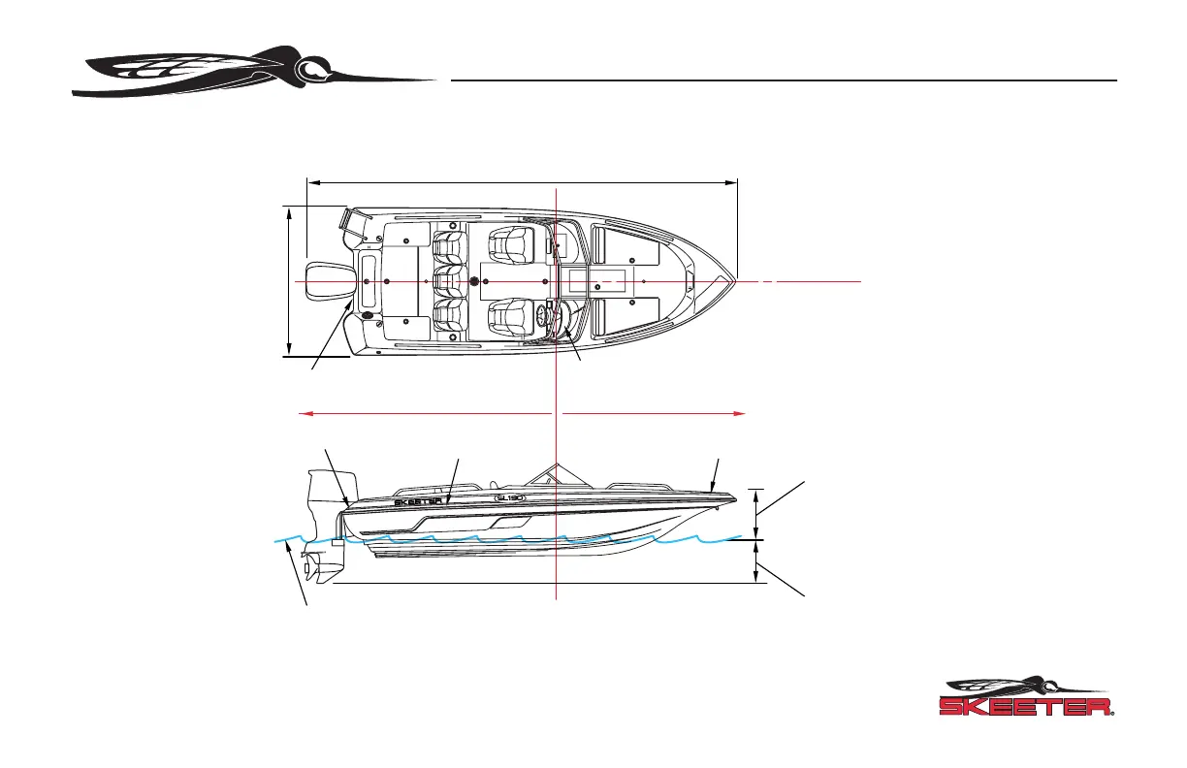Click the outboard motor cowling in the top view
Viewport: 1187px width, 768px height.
pyautogui.click(x=321, y=280)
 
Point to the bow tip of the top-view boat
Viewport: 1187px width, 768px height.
pyautogui.click(x=735, y=280)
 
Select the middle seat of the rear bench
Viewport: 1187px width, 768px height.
pyautogui.click(x=446, y=280)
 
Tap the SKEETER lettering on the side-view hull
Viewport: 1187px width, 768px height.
pyautogui.click(x=418, y=503)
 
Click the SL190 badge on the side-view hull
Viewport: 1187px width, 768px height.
pyautogui.click(x=509, y=497)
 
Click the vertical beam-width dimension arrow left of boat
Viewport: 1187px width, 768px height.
pyautogui.click(x=289, y=280)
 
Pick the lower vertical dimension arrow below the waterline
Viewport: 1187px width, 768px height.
pyautogui.click(x=757, y=562)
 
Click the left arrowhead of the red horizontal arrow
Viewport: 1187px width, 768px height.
pyautogui.click(x=304, y=413)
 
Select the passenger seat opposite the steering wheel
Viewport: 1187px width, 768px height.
pyautogui.click(x=509, y=242)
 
